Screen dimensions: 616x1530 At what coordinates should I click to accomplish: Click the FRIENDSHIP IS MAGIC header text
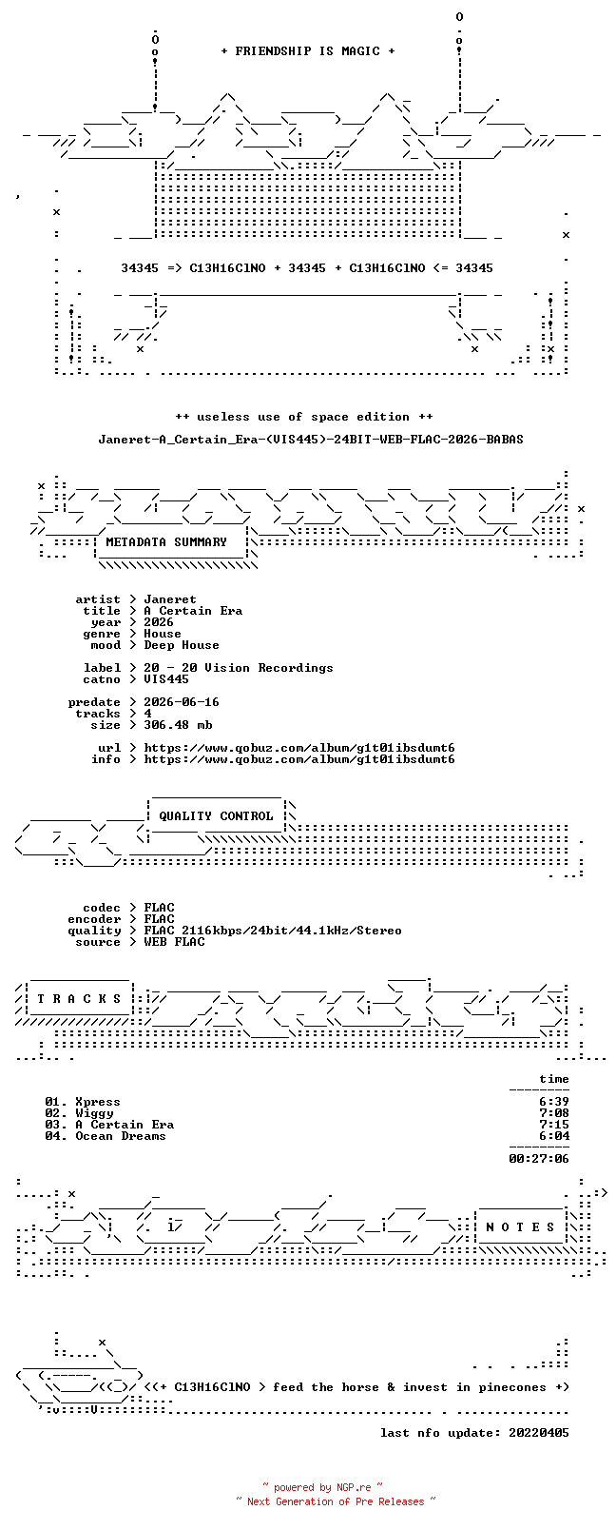tap(308, 51)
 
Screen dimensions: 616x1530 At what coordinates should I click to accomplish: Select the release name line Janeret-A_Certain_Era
tap(311, 440)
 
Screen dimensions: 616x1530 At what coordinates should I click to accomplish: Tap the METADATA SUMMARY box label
tap(165, 541)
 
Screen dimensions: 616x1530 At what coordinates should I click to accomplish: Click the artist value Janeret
tap(170, 599)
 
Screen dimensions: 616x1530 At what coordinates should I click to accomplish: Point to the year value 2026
tap(158, 622)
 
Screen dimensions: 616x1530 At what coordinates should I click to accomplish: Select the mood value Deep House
tap(182, 645)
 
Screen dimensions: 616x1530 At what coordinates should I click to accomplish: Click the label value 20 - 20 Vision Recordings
tap(238, 668)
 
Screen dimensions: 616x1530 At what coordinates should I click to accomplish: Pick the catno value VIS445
tap(165, 679)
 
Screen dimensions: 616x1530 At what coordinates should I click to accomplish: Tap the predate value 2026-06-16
tap(182, 702)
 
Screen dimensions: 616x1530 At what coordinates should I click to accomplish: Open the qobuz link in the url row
tap(298, 748)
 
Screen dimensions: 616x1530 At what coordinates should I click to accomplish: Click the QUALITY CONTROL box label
tap(216, 816)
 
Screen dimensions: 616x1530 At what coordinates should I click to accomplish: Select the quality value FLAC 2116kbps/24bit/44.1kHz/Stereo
tap(272, 931)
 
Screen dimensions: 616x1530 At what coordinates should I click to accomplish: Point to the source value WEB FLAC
tap(174, 942)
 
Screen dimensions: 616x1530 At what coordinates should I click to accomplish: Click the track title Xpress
tap(98, 1102)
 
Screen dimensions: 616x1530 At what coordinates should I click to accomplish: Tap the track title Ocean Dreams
tap(121, 1136)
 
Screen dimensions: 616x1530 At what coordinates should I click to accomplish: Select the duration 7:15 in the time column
tap(554, 1125)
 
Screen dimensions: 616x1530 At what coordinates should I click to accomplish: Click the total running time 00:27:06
tap(539, 1159)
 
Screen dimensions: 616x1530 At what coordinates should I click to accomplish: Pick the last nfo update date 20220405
tap(539, 1433)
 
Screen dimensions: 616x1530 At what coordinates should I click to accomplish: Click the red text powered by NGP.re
tap(322, 1487)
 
